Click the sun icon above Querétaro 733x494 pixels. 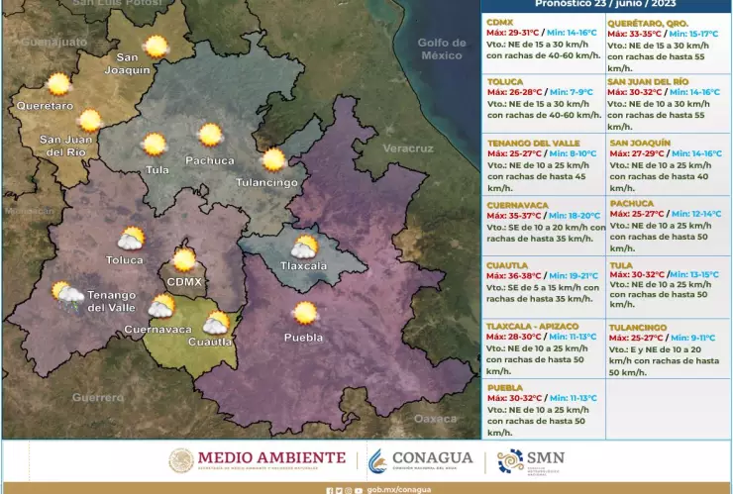point(58,84)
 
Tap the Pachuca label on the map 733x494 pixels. point(210,160)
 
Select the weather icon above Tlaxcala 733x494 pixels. point(303,247)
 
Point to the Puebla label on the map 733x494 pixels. point(303,338)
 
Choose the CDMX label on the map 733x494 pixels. point(184,282)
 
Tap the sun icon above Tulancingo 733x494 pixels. point(273,159)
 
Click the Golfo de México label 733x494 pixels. point(441,49)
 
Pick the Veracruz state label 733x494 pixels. point(408,148)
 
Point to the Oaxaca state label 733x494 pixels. point(435,419)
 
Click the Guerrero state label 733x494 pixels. point(98,397)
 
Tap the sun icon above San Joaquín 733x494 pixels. point(156,46)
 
